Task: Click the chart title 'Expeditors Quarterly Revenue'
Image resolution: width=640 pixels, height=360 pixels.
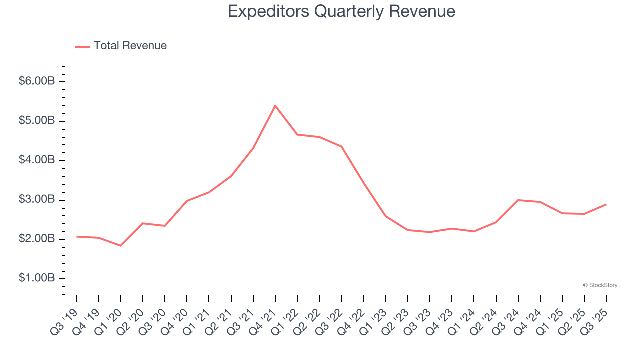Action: (x=341, y=11)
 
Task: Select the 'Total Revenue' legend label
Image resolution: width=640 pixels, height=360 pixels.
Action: (x=130, y=46)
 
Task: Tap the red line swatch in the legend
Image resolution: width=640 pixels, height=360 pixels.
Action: (x=82, y=46)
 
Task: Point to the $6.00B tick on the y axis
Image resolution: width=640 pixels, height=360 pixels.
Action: (x=37, y=81)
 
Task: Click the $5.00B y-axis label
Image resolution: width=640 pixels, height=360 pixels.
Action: (x=37, y=121)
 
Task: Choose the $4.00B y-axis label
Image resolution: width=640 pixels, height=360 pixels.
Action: (x=37, y=160)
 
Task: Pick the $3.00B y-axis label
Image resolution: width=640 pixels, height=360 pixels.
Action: (x=37, y=200)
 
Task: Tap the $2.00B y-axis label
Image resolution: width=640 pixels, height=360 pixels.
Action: (x=37, y=239)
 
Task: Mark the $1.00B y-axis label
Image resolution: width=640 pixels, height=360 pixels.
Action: (x=37, y=278)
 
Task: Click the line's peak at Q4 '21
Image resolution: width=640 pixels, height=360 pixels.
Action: (x=275, y=106)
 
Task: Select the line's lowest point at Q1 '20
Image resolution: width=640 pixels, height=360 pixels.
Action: (x=121, y=246)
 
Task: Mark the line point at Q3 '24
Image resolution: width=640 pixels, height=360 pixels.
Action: (x=518, y=200)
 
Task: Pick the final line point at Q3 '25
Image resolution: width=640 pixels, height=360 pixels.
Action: (x=606, y=204)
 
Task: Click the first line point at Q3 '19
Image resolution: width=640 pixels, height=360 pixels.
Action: (x=77, y=236)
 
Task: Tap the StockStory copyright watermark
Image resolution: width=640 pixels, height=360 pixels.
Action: (x=600, y=285)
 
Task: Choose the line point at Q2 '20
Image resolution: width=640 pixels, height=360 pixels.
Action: (x=143, y=223)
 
